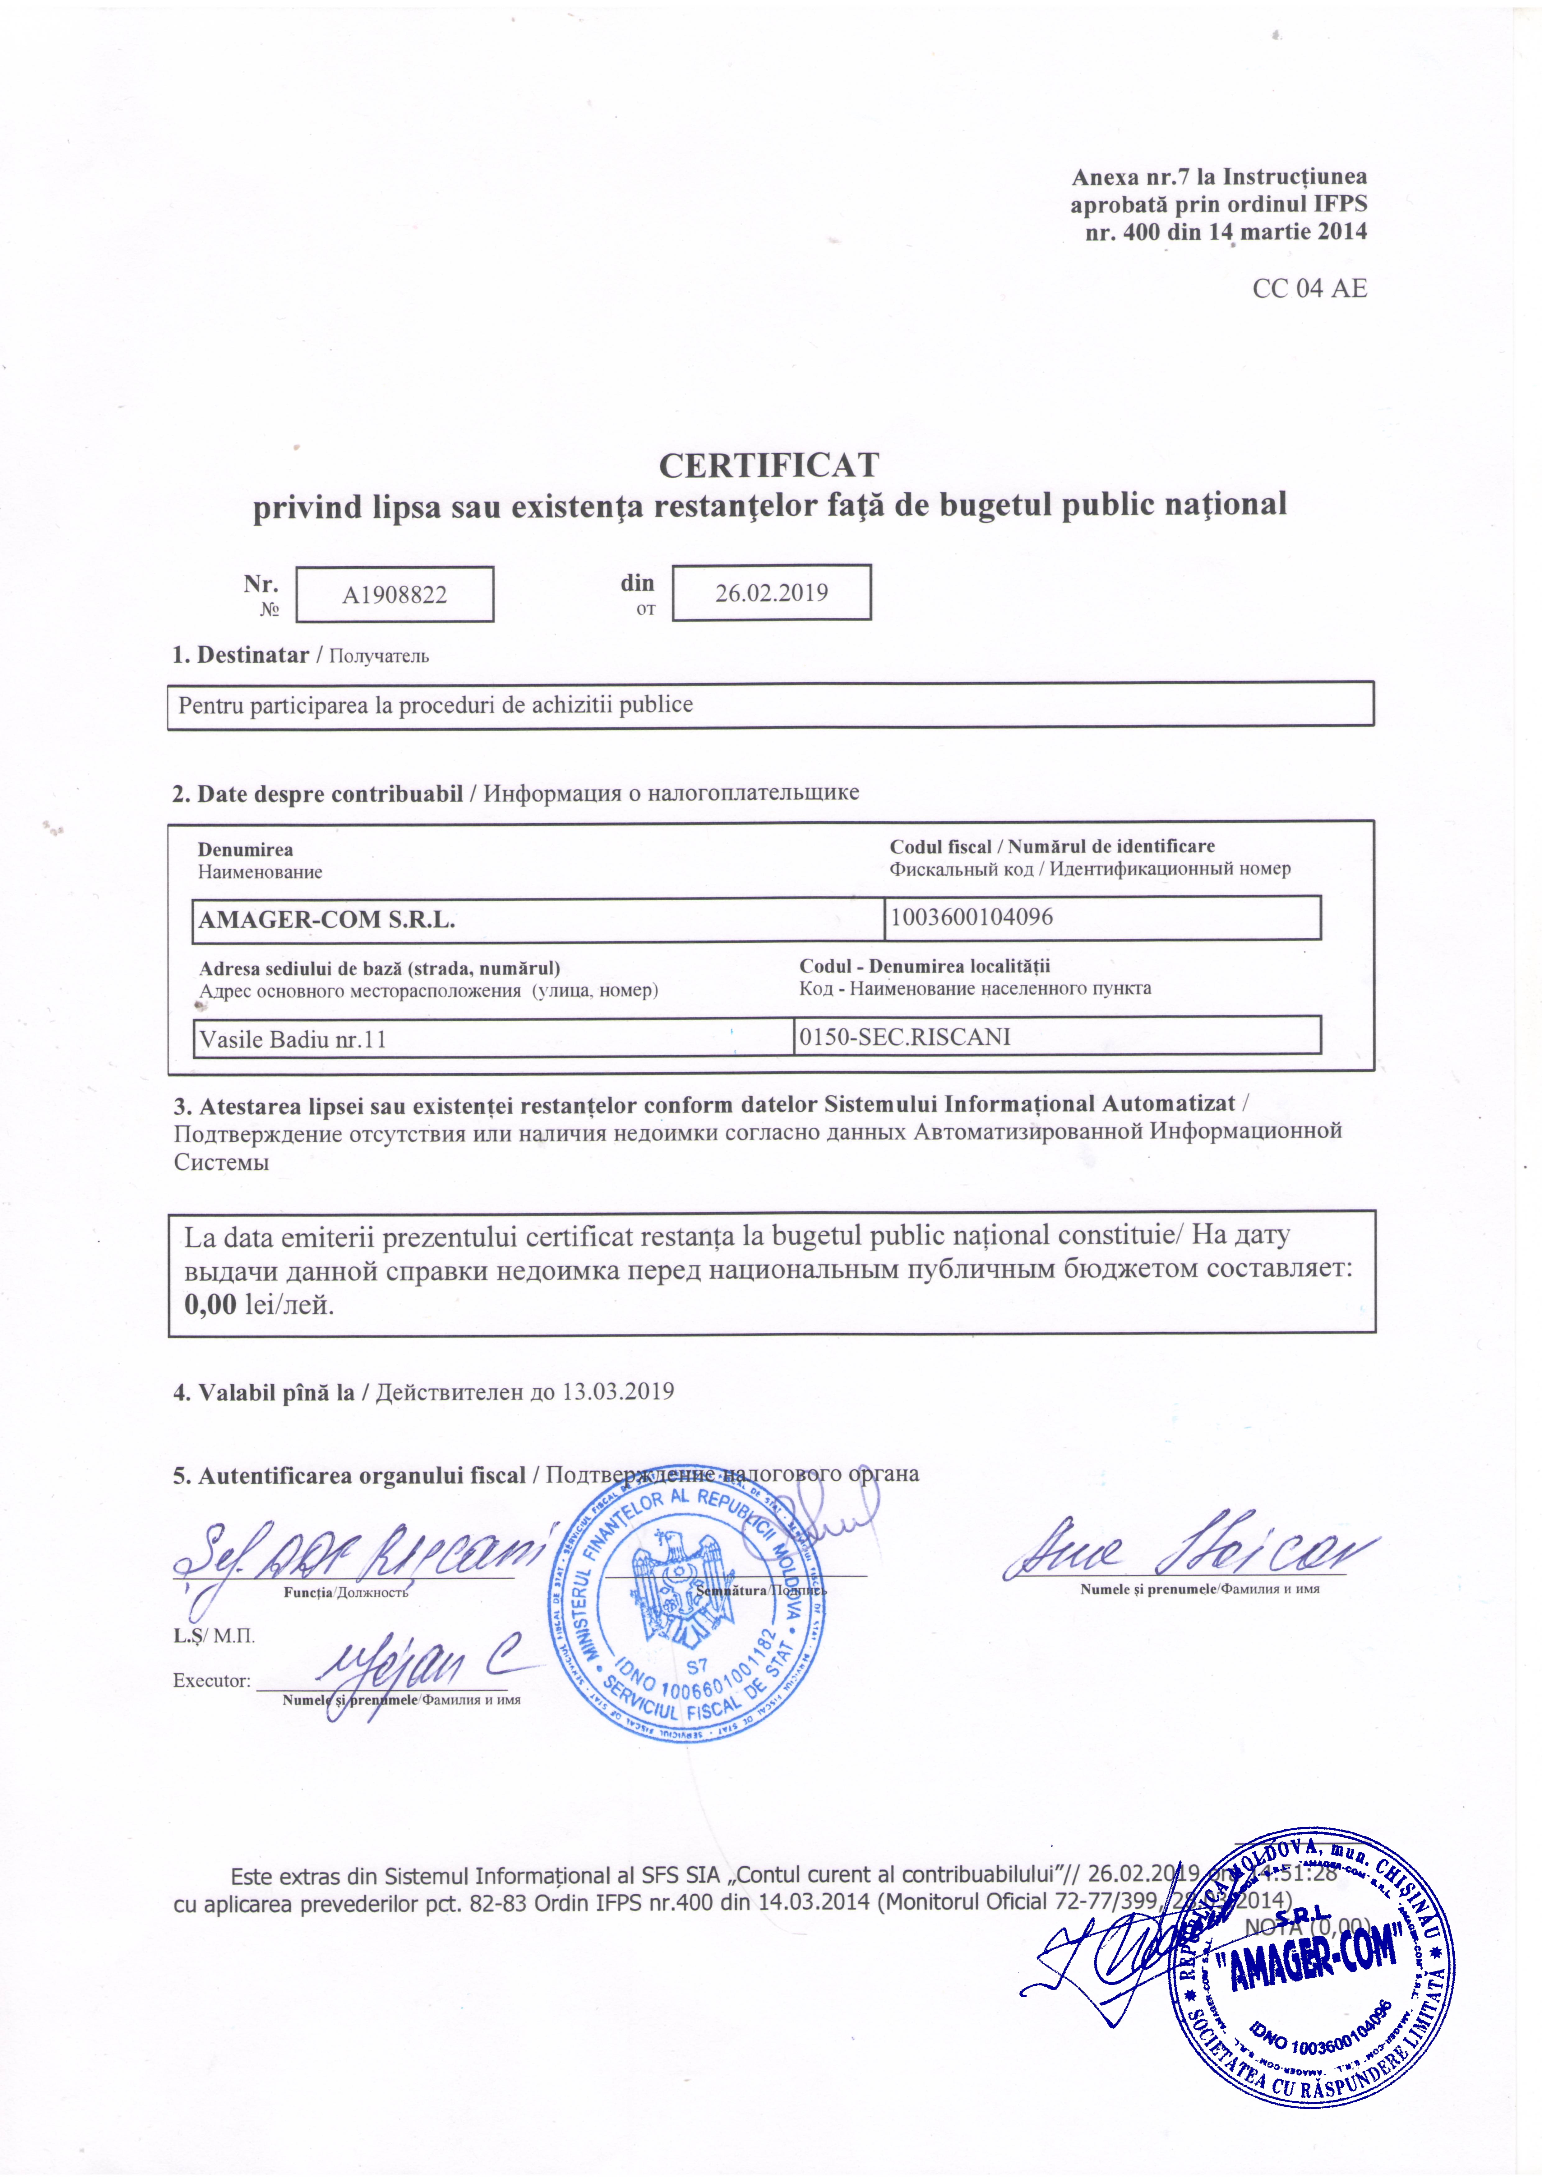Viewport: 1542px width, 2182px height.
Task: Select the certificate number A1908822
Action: click(394, 595)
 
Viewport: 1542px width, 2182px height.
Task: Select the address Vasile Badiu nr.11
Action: click(293, 1039)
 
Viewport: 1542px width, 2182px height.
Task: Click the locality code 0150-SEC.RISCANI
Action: click(904, 1036)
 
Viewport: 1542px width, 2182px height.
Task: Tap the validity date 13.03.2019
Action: click(617, 1392)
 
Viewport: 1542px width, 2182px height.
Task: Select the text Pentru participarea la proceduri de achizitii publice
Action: click(435, 705)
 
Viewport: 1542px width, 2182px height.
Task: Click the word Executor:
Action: click(211, 1680)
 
